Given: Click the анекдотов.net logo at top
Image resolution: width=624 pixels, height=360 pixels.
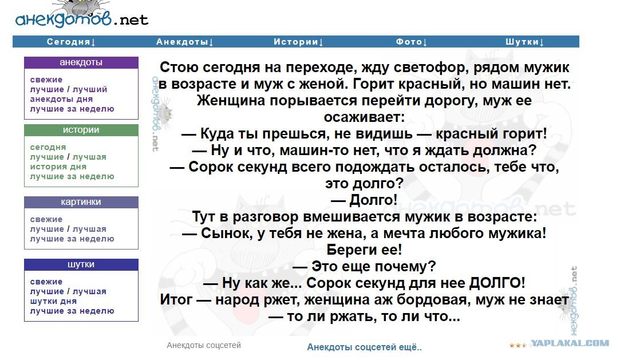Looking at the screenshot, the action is point(82,16).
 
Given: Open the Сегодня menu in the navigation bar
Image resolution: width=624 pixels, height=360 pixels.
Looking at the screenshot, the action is point(71,42).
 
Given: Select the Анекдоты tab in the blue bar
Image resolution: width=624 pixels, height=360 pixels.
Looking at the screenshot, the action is point(185,42).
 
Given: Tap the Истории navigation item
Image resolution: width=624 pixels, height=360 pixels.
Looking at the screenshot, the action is point(298,42).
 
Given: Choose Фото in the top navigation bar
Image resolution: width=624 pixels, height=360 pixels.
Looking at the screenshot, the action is point(412,42).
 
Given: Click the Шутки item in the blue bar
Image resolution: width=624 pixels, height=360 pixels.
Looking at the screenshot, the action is point(524,42).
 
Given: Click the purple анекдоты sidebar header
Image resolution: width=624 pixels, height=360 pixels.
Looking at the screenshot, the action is point(81,62).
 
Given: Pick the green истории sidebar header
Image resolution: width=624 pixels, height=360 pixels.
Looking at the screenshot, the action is point(81,130).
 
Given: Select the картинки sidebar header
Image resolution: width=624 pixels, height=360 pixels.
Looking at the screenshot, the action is point(81,202).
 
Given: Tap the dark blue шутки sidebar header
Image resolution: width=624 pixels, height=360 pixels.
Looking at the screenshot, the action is point(81,264).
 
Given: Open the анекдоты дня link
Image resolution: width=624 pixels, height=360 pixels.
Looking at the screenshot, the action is point(61,99).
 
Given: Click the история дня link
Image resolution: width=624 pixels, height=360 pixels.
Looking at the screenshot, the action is point(58,167).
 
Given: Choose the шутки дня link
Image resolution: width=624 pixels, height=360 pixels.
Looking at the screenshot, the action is point(53,301).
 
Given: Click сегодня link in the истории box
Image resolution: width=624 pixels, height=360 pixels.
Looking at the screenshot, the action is point(48,147).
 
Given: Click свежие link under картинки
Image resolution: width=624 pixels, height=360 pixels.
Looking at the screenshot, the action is point(46,219).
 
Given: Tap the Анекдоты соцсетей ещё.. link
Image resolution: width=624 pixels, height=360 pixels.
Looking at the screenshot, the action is point(364,347).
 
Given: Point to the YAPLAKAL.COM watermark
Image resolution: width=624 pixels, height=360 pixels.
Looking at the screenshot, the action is point(570,343).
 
